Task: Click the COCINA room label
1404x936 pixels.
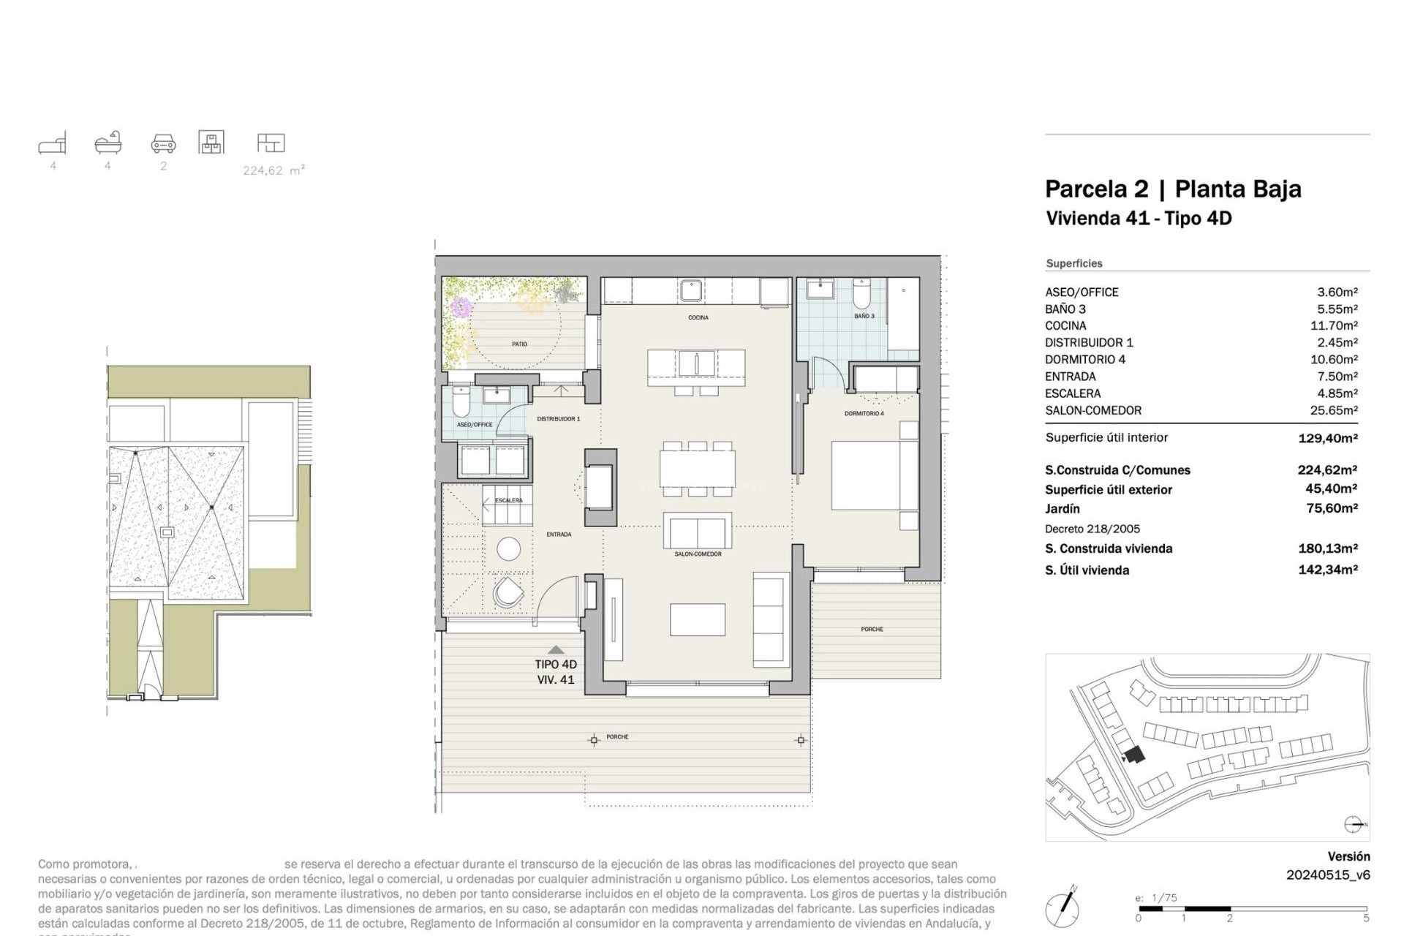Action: point(698,317)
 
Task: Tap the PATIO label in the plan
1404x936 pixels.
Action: point(519,344)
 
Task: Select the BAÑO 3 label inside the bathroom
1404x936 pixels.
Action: point(864,316)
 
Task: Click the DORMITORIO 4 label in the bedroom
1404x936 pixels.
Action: point(864,413)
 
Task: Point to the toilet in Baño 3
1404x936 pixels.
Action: point(861,295)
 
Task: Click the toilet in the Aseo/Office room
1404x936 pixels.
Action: point(461,402)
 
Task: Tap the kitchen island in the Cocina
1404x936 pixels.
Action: point(696,367)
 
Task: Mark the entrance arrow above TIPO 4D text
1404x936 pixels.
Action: point(556,649)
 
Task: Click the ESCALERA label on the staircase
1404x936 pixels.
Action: point(508,500)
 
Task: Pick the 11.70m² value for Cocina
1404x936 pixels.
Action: point(1333,325)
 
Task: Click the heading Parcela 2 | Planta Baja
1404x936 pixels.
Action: point(1172,189)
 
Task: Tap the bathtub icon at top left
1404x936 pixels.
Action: point(108,143)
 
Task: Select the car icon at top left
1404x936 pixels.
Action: point(163,143)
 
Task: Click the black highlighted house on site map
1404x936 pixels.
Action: point(1133,755)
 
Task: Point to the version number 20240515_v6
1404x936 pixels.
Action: point(1327,875)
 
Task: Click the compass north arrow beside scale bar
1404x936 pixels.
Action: point(1063,909)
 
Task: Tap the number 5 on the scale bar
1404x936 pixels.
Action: point(1365,918)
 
